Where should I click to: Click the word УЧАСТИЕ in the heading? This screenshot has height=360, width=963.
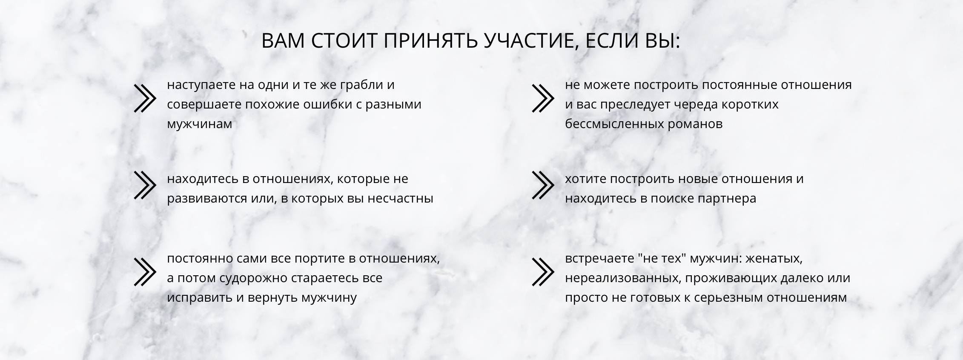(528, 41)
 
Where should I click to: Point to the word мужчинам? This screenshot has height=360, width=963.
(200, 124)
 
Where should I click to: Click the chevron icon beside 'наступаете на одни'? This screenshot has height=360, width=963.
(145, 98)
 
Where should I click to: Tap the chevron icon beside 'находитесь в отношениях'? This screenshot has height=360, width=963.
(145, 185)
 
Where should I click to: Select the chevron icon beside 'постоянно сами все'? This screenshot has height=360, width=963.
(145, 271)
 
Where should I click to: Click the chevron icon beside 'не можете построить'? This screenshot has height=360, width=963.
(542, 98)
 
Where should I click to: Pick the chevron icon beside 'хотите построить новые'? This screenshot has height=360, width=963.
(542, 185)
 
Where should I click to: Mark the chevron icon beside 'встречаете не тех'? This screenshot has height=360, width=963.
(542, 271)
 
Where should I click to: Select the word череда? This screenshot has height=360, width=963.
(693, 104)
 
